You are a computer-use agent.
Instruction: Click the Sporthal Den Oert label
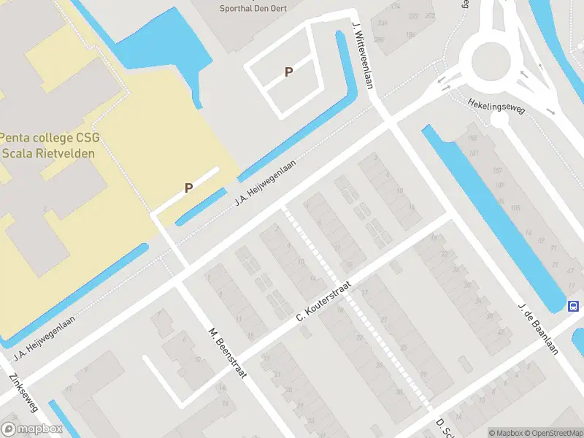253,9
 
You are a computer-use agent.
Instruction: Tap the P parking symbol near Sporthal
289,72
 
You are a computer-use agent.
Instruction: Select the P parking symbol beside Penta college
188,188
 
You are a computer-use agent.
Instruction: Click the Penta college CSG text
60,137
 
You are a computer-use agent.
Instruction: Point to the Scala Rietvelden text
60,153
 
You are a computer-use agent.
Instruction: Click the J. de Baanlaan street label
539,328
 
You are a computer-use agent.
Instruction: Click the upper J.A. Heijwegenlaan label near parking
266,182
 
